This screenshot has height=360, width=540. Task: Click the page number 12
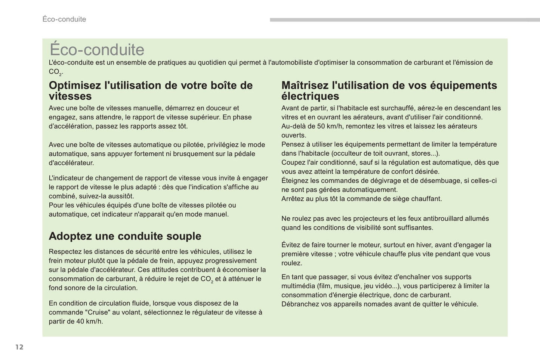click(x=19, y=347)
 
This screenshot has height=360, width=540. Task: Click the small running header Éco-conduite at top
click(x=64, y=19)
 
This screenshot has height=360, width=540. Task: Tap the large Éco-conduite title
click(x=97, y=50)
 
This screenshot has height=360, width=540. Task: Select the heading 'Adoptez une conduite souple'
click(x=125, y=236)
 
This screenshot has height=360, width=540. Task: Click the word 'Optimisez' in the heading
click(x=75, y=86)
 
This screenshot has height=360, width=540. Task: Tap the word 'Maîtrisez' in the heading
click(x=305, y=86)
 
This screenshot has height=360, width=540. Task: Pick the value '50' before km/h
click(x=321, y=126)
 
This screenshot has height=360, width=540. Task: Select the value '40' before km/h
click(x=80, y=322)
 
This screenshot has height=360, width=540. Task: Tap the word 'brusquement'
click(x=192, y=154)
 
